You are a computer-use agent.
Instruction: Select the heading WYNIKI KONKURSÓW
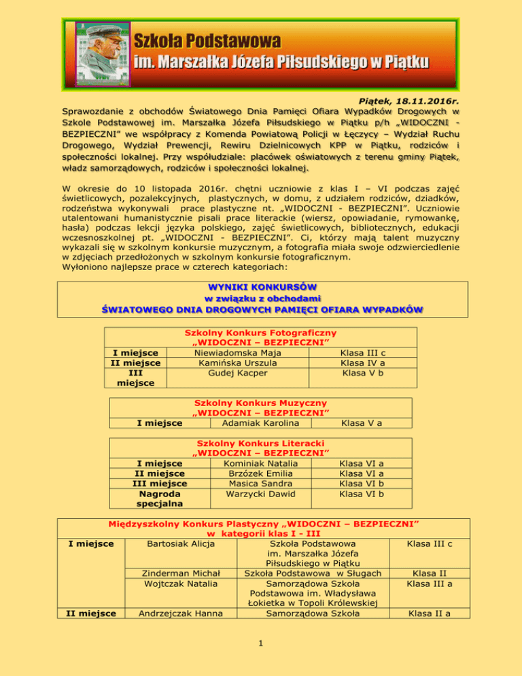[x=260, y=286]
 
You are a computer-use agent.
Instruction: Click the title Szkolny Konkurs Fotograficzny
[x=261, y=333]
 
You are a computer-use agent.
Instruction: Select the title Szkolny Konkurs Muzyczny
[x=261, y=403]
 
